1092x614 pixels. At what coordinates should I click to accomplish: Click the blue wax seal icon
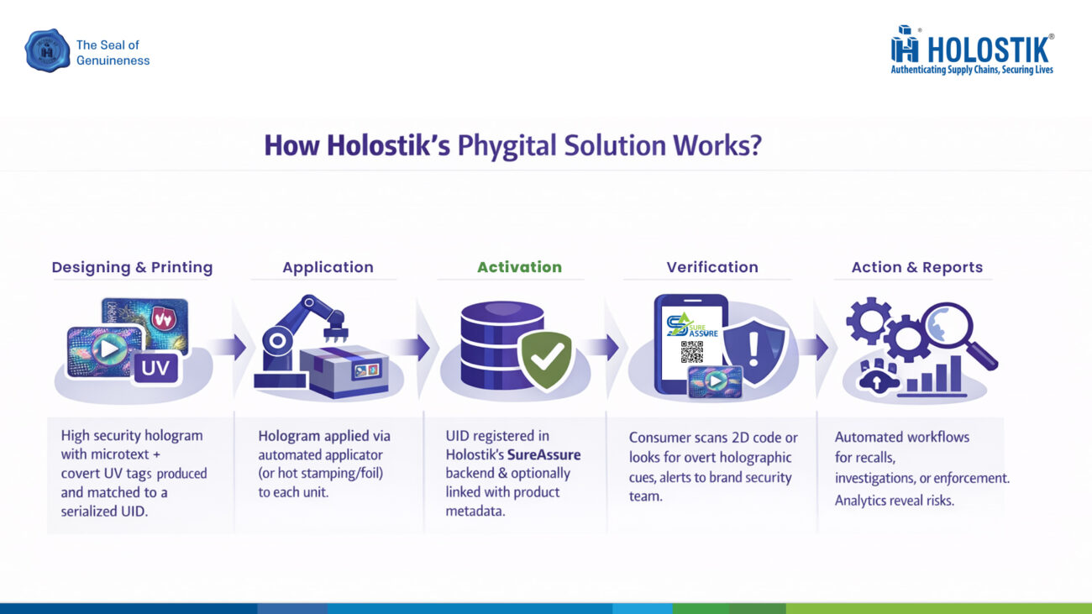pos(47,50)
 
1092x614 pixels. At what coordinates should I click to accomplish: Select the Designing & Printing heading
pos(132,267)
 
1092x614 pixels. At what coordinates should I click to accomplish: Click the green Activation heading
pos(519,267)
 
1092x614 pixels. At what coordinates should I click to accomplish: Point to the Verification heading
pos(711,267)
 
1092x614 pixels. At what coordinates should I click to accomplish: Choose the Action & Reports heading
pos(916,267)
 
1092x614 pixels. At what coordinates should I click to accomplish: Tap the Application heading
pos(328,267)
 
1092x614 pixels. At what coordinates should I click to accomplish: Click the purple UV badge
pos(155,367)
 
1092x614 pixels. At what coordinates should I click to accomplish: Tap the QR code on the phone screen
pos(691,352)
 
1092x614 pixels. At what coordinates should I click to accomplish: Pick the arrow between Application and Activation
pos(411,347)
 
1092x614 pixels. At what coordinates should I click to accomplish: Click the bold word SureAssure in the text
pos(544,455)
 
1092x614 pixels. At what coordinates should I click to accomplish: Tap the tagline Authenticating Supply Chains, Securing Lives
pos(971,70)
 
